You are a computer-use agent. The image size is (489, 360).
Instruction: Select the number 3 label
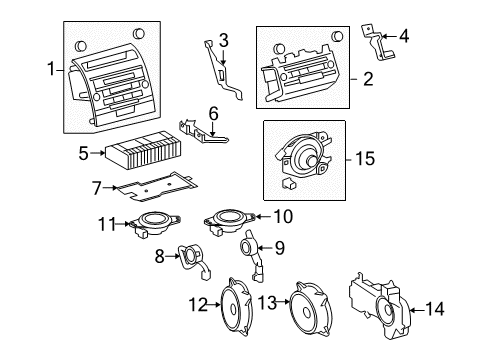point(224,40)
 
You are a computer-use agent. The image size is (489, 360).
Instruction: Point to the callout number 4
point(404,37)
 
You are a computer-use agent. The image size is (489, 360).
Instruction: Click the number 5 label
point(85,153)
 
